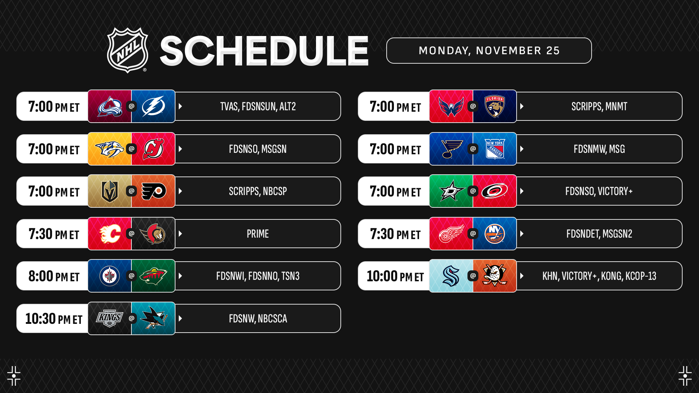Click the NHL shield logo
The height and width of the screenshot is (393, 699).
(127, 50)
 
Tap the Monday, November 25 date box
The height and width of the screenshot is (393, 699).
(489, 51)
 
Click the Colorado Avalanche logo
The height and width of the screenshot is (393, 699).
(110, 106)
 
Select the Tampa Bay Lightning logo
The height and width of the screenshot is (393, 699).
(153, 106)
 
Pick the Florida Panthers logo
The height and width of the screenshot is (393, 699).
(495, 106)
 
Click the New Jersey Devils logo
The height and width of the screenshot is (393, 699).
(153, 149)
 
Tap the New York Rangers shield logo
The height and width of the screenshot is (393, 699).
(495, 149)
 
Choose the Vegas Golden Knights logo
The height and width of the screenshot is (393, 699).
(110, 191)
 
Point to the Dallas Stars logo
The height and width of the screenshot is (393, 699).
(451, 191)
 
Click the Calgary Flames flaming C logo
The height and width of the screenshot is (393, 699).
(110, 234)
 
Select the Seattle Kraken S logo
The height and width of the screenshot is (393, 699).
(451, 276)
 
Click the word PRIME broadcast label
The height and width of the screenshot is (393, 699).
(258, 234)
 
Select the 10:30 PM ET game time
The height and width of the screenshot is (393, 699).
(54, 319)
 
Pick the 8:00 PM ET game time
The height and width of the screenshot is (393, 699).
(54, 276)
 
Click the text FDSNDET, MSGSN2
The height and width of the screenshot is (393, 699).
(599, 234)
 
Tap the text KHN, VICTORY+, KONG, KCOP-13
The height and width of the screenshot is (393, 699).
(599, 276)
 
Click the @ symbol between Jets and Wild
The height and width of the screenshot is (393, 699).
(131, 276)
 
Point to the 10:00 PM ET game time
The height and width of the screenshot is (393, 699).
(395, 276)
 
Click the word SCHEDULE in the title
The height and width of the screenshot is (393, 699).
(264, 51)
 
